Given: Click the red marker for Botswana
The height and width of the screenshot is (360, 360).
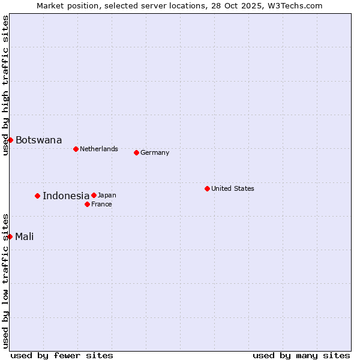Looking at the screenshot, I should [10, 140].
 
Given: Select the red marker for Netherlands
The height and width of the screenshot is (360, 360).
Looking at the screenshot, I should [76, 149].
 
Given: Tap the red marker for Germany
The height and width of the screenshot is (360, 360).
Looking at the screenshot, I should [136, 152].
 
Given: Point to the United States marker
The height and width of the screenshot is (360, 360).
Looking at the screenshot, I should [207, 188].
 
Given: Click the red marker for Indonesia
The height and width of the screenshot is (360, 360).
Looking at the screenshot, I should [37, 196].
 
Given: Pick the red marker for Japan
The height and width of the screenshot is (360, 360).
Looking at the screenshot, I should [94, 195].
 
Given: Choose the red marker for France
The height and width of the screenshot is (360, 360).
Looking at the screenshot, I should [87, 204].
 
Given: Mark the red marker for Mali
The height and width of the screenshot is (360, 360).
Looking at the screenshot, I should [10, 236].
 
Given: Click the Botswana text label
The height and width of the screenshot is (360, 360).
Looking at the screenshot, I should [38, 140].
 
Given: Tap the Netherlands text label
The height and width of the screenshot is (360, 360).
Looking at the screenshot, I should [98, 149].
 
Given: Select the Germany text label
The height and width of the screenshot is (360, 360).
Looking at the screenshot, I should [155, 152].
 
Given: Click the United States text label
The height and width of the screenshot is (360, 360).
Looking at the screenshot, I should [232, 188].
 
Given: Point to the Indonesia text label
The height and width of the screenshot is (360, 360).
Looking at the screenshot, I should [66, 196].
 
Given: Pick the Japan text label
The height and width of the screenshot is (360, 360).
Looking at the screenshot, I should [107, 195].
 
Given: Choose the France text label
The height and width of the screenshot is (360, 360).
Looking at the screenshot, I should [101, 204].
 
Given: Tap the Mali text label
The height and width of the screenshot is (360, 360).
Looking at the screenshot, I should [24, 236].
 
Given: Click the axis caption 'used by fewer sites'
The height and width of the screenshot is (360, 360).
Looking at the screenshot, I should [62, 355].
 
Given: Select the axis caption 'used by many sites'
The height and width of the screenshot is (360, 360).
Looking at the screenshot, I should [301, 355].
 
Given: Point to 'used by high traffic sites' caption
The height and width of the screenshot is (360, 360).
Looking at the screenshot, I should [5, 85].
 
